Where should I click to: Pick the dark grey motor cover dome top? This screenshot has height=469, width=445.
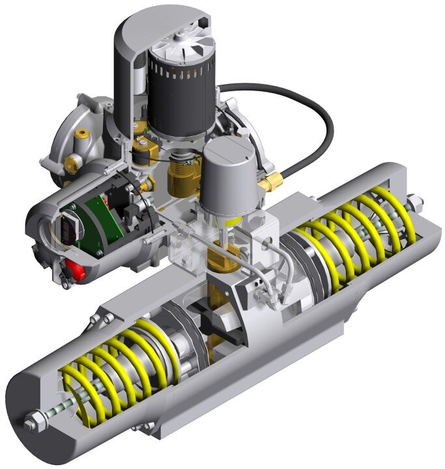[156, 26]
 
